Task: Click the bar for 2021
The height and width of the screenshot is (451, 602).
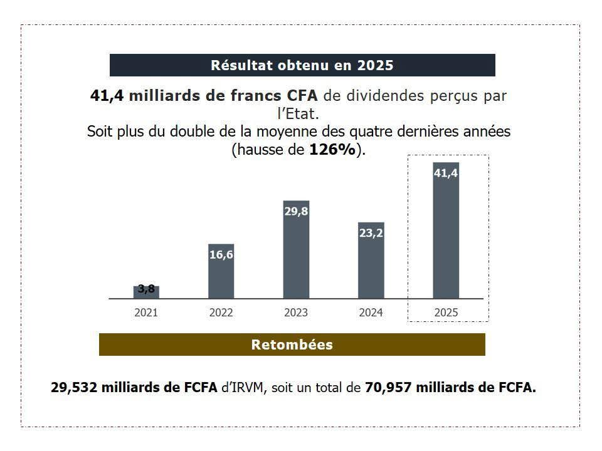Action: coord(146,293)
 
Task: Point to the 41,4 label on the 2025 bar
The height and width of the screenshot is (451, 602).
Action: coord(446,174)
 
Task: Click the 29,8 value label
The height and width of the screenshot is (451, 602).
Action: coord(296,212)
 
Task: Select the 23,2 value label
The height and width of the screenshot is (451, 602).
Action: coord(371,234)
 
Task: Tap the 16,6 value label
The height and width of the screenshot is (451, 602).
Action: coord(221,256)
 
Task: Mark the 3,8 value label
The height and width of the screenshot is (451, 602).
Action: coord(146,289)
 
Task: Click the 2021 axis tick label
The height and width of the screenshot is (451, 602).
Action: coord(146,313)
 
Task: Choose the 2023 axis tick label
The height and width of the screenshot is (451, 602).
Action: coord(296,313)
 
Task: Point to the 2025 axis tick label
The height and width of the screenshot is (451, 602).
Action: coord(446,313)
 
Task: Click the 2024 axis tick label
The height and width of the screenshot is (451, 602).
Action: coord(371,313)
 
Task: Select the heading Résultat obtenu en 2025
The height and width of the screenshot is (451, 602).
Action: coord(302,65)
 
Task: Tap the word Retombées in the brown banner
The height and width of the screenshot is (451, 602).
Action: coord(292,345)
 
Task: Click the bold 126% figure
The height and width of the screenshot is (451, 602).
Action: coord(332,150)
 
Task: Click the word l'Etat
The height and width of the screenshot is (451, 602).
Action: coord(298,115)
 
